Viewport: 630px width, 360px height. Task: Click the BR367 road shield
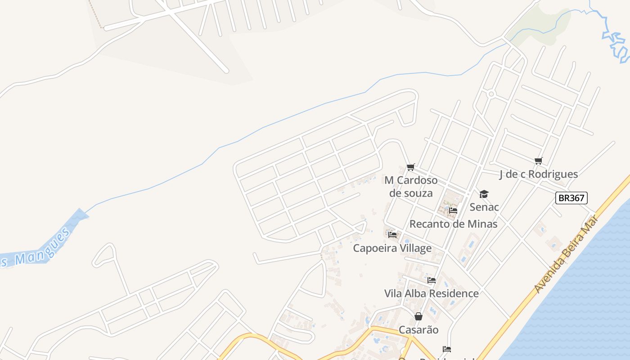point(571,198)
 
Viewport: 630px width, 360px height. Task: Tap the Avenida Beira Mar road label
point(567,254)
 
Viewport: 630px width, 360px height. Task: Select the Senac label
point(484,207)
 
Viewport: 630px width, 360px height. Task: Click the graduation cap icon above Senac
point(484,194)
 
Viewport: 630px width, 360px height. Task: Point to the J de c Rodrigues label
point(538,174)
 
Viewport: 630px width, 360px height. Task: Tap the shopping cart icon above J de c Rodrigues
point(538,161)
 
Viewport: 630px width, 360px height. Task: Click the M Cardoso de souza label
point(411,187)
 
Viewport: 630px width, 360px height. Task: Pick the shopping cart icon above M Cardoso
point(410,167)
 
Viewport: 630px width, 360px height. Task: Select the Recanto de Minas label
point(453,224)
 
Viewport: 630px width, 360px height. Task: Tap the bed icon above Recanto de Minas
point(453,210)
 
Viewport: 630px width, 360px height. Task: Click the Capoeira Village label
point(392,248)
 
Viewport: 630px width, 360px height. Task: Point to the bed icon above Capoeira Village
point(392,234)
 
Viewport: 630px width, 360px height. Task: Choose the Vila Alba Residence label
point(431,293)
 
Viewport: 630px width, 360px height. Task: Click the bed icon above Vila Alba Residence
point(432,280)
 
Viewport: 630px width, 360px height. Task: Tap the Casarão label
point(418,330)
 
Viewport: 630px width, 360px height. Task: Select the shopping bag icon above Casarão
point(418,316)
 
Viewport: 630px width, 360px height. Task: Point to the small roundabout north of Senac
point(491,94)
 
